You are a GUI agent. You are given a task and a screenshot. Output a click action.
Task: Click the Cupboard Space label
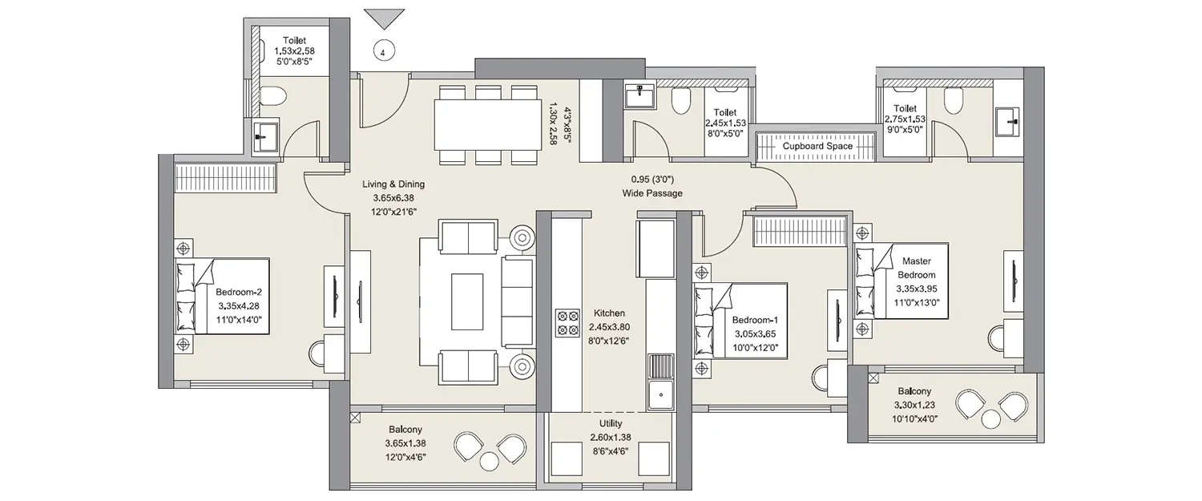tap(817, 147)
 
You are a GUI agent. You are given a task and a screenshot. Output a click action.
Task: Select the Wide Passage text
tap(652, 193)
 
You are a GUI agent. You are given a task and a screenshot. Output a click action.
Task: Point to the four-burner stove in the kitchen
tap(567, 322)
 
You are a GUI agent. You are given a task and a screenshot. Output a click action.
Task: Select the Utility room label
tap(610, 423)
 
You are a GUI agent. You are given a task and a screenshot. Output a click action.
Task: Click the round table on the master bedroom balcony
tap(992, 418)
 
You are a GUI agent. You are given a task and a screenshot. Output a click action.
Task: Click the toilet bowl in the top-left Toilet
tap(272, 97)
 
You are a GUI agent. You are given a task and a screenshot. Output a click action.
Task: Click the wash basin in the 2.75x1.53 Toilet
tap(1007, 123)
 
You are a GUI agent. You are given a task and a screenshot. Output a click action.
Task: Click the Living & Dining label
tap(393, 184)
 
